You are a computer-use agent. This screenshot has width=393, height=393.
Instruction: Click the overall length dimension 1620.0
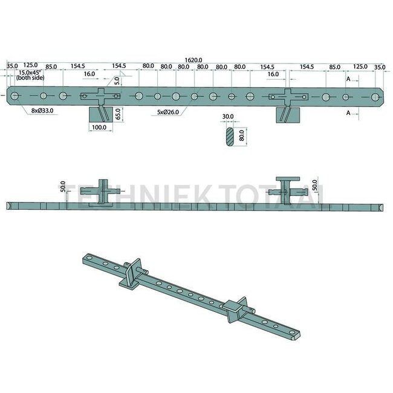click(193, 60)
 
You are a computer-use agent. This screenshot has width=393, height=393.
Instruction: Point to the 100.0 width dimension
click(99, 128)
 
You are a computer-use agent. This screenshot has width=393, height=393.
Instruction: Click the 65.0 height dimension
click(119, 112)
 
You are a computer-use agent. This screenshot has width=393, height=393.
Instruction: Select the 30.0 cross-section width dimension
click(228, 117)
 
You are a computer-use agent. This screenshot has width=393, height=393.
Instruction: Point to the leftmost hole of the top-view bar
click(15, 96)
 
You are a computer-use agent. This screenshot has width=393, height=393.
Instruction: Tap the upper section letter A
click(348, 79)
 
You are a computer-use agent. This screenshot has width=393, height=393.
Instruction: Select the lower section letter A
click(348, 112)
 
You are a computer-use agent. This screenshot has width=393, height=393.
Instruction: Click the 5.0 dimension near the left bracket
click(117, 80)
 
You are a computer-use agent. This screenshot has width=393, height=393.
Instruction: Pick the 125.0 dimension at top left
click(31, 65)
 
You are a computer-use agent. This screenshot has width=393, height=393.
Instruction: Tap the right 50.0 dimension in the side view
click(314, 184)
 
